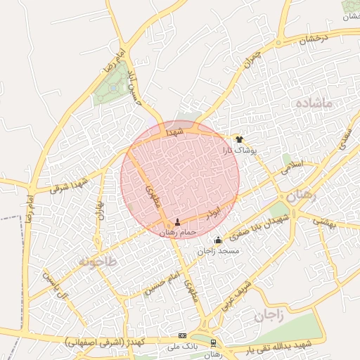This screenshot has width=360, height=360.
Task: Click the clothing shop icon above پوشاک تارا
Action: pos(239,139)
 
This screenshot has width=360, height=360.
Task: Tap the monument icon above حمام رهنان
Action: pos(176,222)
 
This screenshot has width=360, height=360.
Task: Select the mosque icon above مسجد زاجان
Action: pos(218,240)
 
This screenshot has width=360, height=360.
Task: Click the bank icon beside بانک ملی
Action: pos(183,336)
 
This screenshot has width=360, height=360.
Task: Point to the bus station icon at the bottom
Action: pos(213,344)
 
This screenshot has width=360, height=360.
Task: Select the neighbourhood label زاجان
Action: pos(269,316)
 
